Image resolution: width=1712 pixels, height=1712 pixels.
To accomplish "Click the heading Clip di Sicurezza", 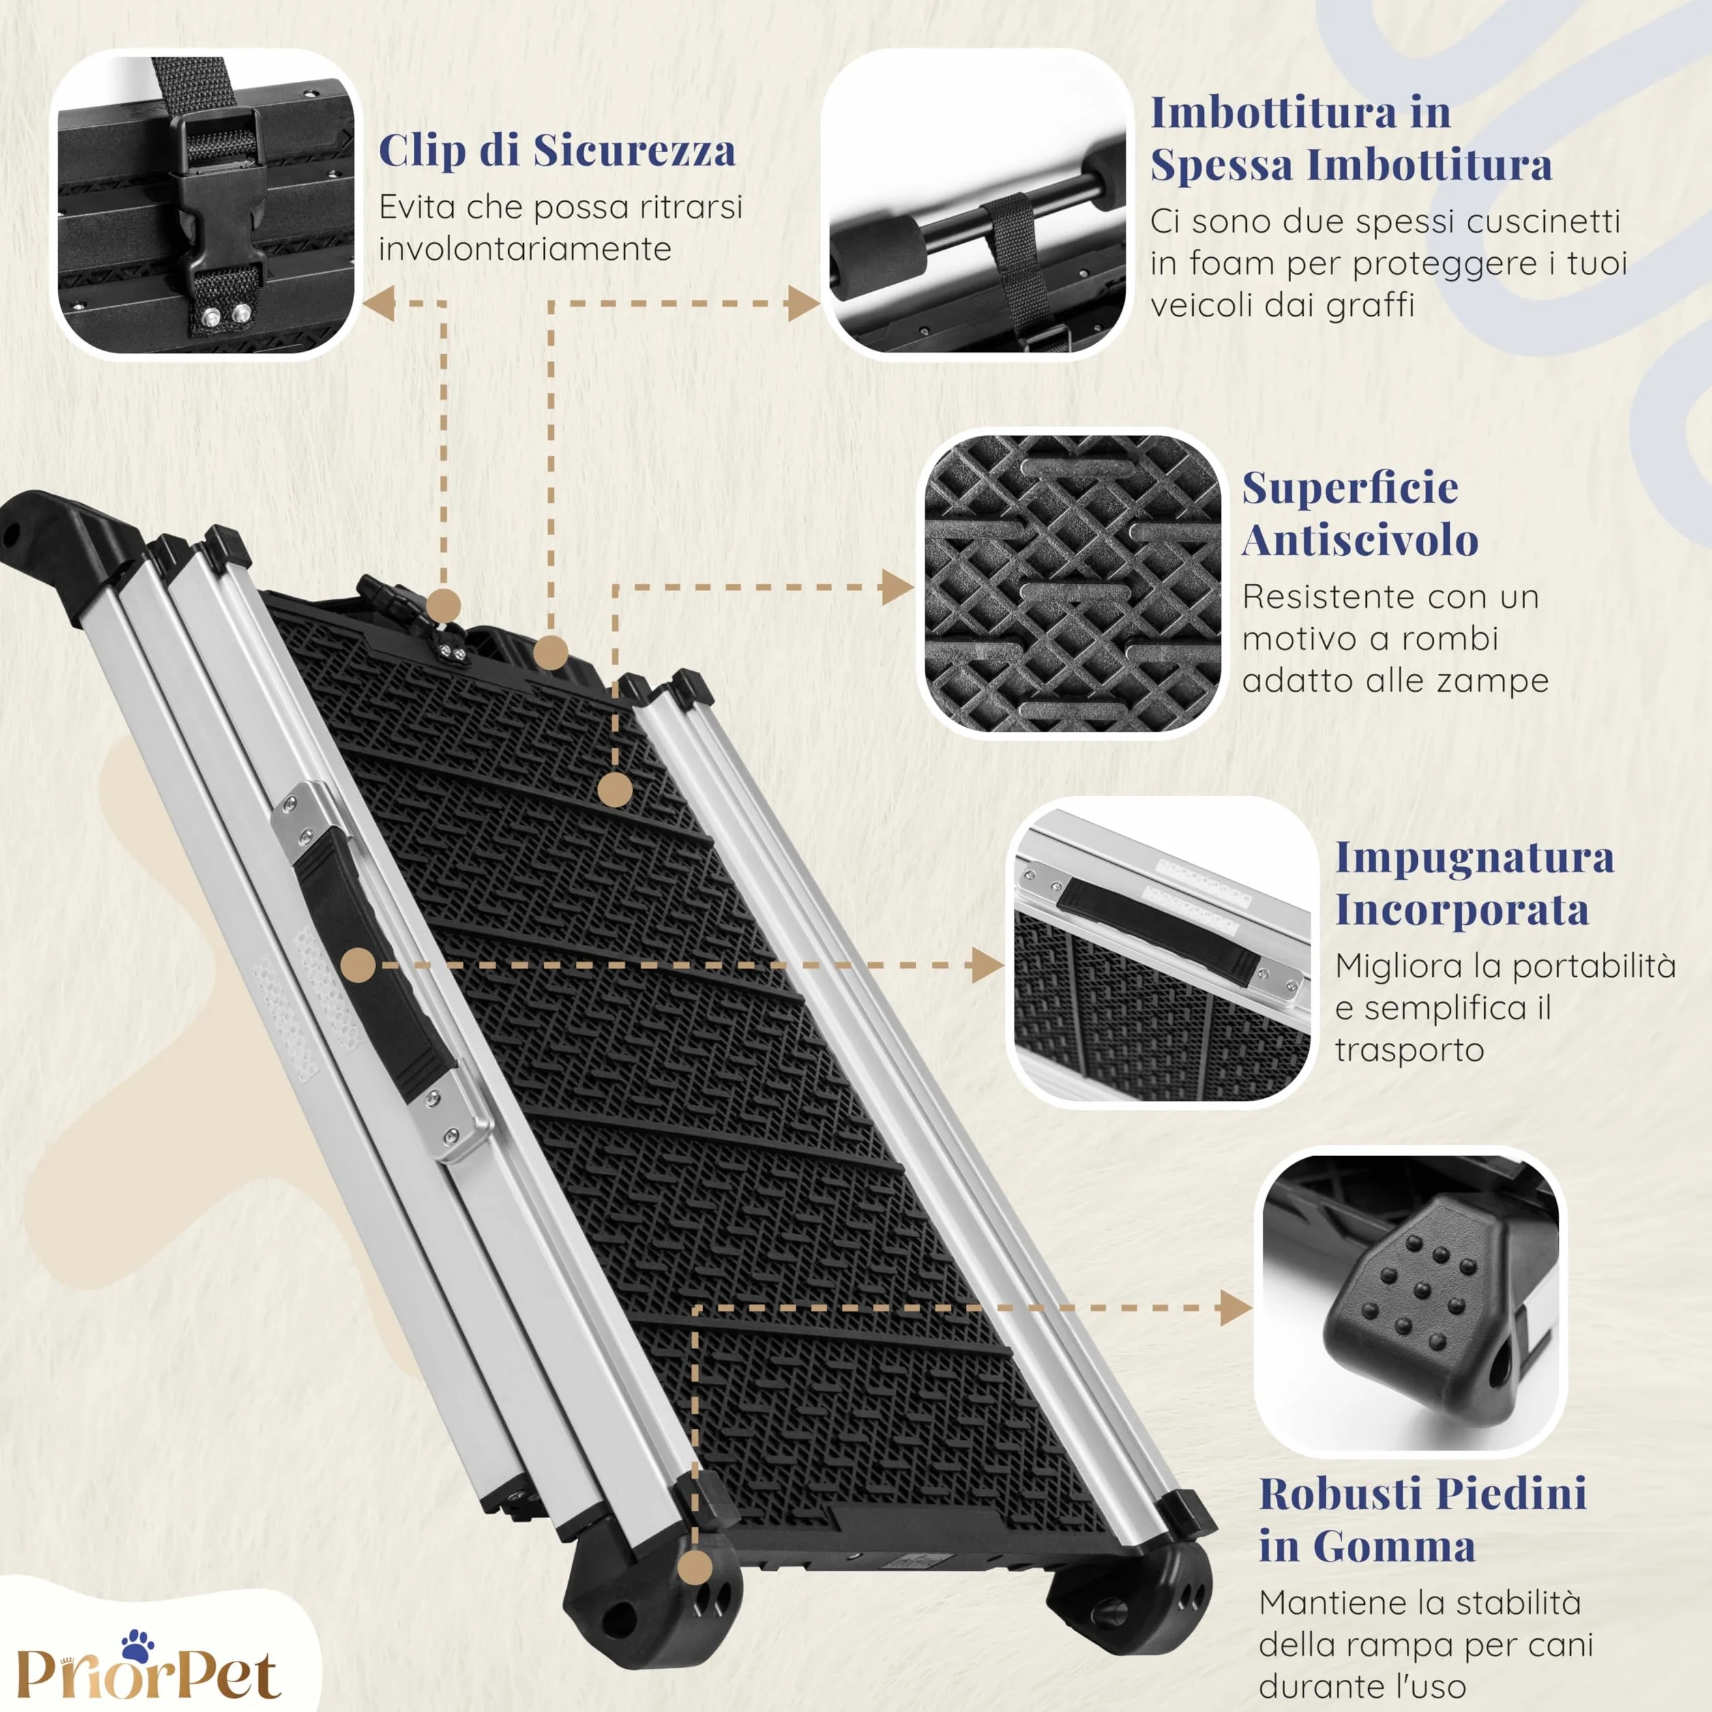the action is (557, 151).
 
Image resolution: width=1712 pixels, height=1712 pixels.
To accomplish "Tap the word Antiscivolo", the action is (1360, 540).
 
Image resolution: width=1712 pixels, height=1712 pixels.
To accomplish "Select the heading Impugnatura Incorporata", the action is (1475, 883).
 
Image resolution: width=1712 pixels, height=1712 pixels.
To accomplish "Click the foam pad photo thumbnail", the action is (977, 203).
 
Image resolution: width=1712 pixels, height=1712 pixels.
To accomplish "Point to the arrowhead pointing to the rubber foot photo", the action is (1235, 1308).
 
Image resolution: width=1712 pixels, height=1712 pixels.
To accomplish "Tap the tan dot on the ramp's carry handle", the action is (358, 966).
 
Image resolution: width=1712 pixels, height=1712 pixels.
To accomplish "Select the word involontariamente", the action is (525, 249).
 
